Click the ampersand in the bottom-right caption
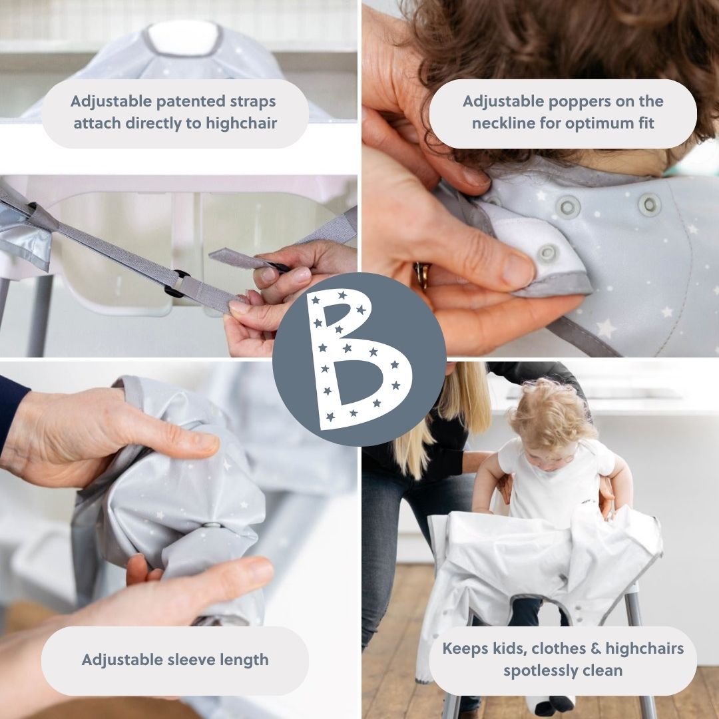596,649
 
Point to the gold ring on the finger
422,274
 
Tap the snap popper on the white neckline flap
547,253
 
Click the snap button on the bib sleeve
212,525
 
